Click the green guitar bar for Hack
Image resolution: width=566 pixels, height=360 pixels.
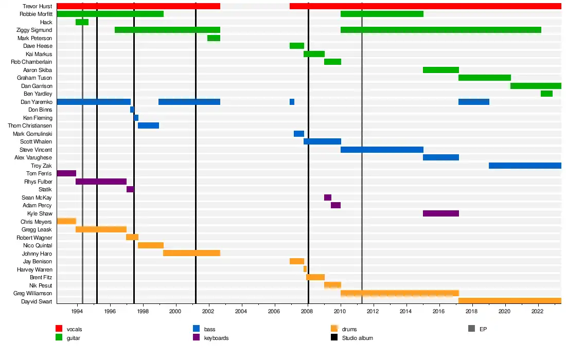point(82,22)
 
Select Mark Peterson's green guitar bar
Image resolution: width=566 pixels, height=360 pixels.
point(214,38)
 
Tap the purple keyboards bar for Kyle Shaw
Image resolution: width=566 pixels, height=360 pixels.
point(440,213)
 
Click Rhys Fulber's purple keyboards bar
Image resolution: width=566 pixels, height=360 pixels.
point(101,182)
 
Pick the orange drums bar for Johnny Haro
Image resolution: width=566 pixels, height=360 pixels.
point(191,253)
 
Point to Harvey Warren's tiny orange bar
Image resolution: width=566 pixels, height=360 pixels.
point(305,269)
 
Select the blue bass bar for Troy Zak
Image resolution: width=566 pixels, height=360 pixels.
point(525,166)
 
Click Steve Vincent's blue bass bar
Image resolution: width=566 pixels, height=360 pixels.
point(382,150)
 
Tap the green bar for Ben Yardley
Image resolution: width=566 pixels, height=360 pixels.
point(546,94)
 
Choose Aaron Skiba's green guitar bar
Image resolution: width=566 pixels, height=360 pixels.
point(440,70)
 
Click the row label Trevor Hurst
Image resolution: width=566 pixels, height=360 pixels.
point(38,6)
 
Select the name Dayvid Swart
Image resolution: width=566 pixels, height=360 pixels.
point(37,301)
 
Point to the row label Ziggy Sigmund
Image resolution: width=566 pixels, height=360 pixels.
point(34,30)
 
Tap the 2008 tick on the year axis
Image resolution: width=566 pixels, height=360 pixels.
point(307,311)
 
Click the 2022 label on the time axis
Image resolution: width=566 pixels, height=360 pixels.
point(538,311)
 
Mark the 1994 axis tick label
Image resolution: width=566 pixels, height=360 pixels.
point(77,311)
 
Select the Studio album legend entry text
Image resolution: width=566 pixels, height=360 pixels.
point(357,338)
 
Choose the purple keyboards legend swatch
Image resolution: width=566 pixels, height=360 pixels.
point(196,338)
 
